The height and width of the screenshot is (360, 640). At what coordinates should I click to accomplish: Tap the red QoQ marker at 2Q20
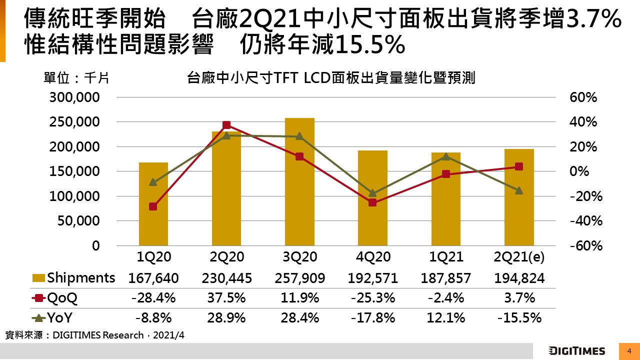click(x=226, y=125)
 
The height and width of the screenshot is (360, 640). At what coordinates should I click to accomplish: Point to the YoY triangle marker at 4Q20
click(x=372, y=193)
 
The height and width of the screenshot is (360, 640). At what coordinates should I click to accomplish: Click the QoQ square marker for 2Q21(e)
click(x=519, y=166)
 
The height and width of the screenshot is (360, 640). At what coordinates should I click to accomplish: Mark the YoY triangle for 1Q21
click(x=446, y=156)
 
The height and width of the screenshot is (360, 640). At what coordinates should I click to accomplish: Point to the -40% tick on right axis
click(x=583, y=221)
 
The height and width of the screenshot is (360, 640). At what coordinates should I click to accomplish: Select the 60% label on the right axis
click(x=583, y=97)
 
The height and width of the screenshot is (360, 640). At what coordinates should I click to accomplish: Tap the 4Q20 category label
click(x=372, y=257)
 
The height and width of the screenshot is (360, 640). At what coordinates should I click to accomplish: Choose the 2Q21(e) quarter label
click(x=519, y=257)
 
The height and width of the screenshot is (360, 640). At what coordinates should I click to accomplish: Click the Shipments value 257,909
click(x=299, y=278)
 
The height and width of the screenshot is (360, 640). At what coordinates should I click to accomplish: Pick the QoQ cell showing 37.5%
click(x=226, y=298)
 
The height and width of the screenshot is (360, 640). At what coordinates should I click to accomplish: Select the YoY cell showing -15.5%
click(x=519, y=317)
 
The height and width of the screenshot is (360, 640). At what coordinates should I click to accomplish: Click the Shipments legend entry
click(x=74, y=278)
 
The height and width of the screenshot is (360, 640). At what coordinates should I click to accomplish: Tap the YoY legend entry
click(x=52, y=317)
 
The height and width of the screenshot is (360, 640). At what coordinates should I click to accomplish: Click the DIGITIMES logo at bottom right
click(x=576, y=350)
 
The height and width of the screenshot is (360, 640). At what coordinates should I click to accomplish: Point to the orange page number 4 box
click(x=629, y=350)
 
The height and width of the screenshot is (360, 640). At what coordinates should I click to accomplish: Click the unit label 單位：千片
click(x=76, y=78)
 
